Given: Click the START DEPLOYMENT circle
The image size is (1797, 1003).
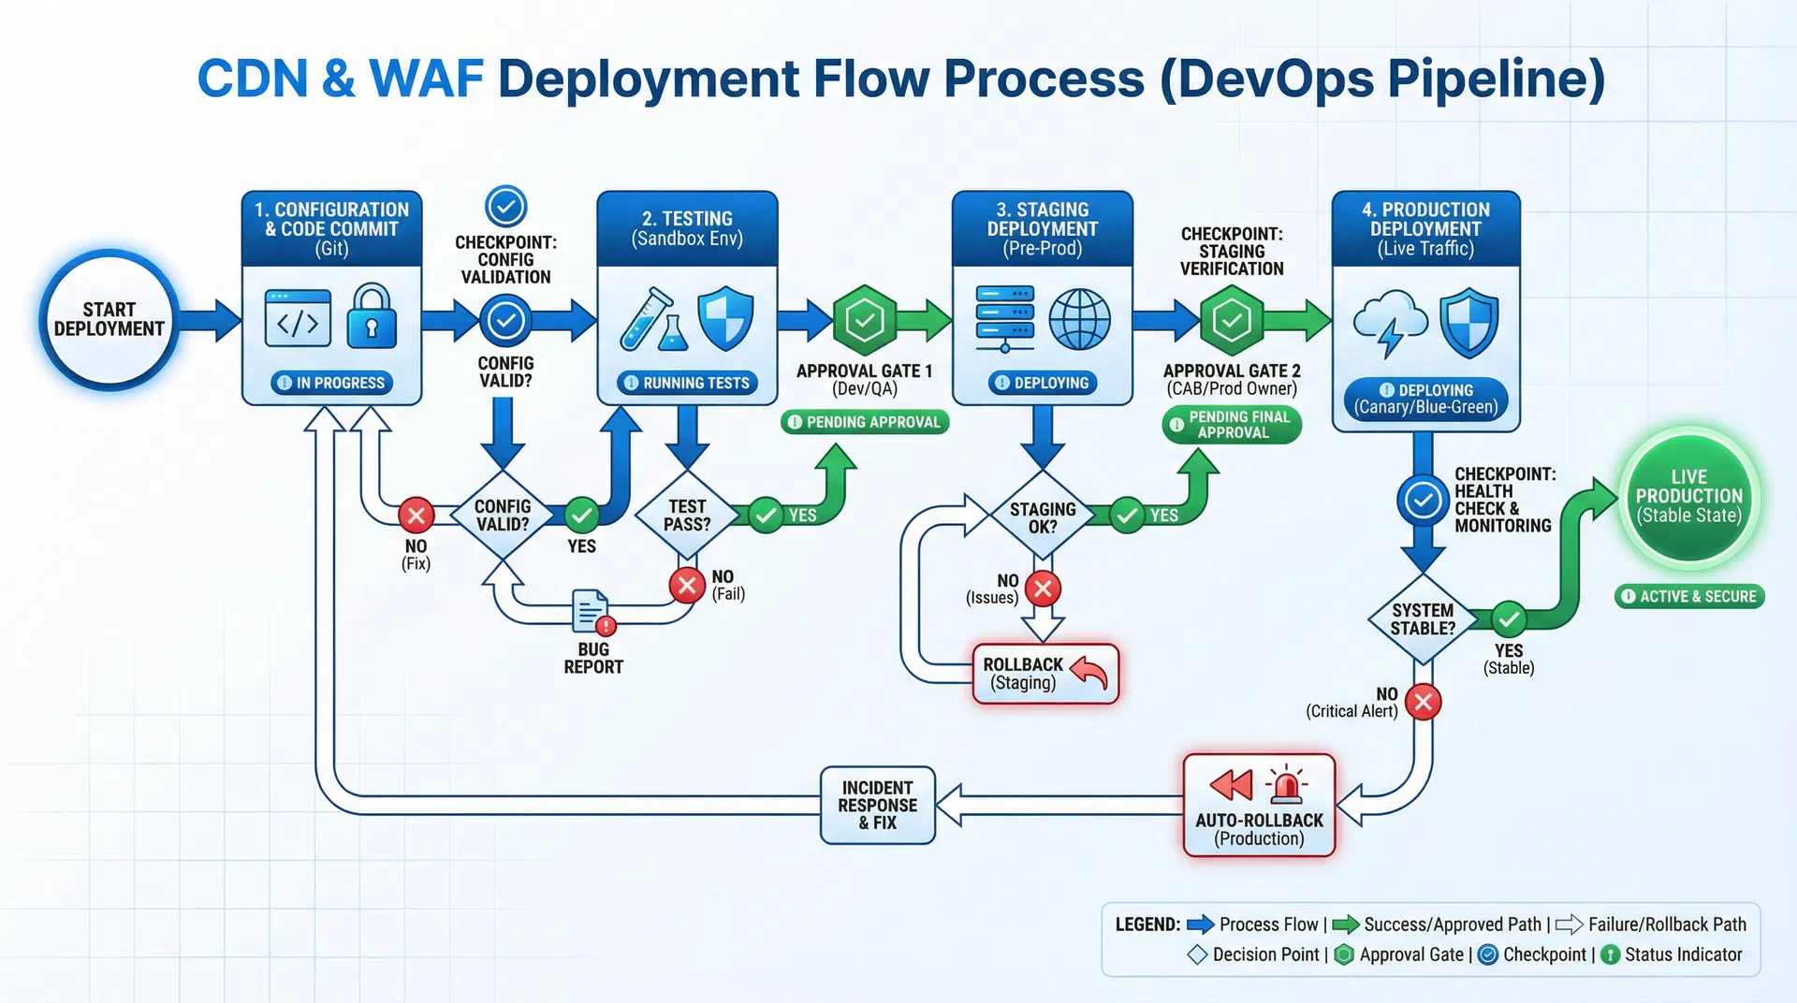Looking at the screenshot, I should click(x=110, y=319).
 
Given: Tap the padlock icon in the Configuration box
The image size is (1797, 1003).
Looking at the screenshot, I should click(x=372, y=318).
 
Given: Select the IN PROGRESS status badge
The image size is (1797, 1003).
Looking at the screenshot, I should click(x=332, y=383).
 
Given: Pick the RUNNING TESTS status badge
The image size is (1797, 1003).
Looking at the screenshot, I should click(x=687, y=383).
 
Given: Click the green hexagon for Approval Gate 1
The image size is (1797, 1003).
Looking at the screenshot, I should click(x=865, y=321).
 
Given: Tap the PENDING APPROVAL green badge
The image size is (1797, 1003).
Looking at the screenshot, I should click(x=865, y=422).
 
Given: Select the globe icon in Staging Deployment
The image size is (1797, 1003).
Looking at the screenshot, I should click(x=1079, y=319).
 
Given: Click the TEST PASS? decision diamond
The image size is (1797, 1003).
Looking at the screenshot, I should click(x=687, y=516).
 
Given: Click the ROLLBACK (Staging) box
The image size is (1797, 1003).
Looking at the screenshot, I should click(x=1045, y=674).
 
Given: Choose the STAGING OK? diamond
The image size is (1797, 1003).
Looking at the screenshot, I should click(x=1043, y=517).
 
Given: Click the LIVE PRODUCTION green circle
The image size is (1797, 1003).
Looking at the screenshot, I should click(x=1688, y=497).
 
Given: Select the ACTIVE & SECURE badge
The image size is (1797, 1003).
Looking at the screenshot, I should click(x=1689, y=596).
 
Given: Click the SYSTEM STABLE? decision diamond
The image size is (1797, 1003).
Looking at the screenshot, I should click(x=1423, y=618).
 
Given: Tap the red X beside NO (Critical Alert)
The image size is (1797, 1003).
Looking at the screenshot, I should click(x=1424, y=702).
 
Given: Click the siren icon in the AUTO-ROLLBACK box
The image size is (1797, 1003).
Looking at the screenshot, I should click(x=1287, y=786).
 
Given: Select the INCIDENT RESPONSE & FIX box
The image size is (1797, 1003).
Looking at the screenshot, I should click(x=877, y=806).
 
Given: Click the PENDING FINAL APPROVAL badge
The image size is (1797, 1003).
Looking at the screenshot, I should click(x=1232, y=425).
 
